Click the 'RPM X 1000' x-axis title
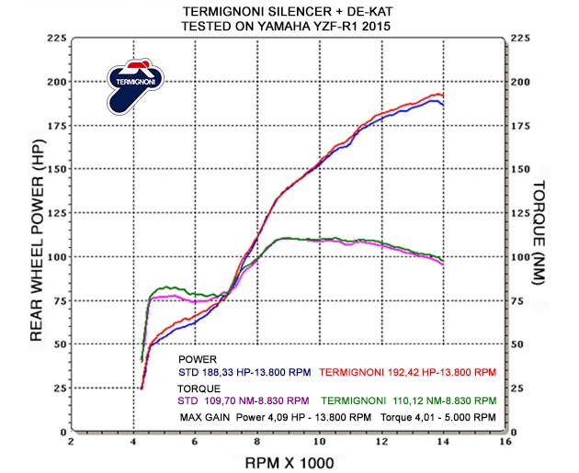tap(289, 462)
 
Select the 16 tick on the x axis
tap(504, 442)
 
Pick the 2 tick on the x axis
tap(73, 442)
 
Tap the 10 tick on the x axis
tap(319, 442)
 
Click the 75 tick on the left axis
tap(59, 300)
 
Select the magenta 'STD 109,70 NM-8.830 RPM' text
tap(244, 401)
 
